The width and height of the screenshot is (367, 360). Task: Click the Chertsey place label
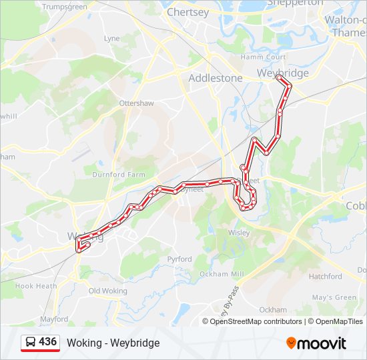pyautogui.click(x=188, y=12)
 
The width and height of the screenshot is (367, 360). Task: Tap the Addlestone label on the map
pyautogui.click(x=216, y=78)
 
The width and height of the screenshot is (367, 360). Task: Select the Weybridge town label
pyautogui.click(x=283, y=73)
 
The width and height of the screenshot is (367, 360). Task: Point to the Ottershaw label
pyautogui.click(x=136, y=103)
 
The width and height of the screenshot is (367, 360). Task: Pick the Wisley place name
pyautogui.click(x=238, y=233)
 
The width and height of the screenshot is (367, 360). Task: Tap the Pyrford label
pyautogui.click(x=179, y=259)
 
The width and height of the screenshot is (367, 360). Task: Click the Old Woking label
pyautogui.click(x=107, y=291)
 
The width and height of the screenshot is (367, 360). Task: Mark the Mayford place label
pyautogui.click(x=53, y=319)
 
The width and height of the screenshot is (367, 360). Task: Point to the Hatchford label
pyautogui.click(x=325, y=276)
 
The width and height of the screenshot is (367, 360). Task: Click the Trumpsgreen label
pyautogui.click(x=65, y=7)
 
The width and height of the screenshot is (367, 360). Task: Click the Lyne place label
pyautogui.click(x=111, y=39)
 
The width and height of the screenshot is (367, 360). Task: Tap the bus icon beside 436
pyautogui.click(x=31, y=343)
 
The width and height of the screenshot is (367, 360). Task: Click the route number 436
pyautogui.click(x=48, y=342)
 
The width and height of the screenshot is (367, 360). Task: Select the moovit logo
pyautogui.click(x=316, y=343)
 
